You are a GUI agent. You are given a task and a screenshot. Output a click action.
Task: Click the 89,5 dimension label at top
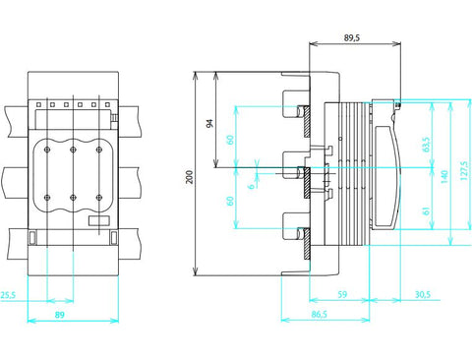(x=352, y=37)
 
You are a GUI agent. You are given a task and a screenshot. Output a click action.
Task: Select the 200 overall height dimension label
(x=190, y=177)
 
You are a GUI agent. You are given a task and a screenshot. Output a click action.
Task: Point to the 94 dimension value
(x=209, y=124)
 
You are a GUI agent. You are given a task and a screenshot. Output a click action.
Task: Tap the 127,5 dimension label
(x=464, y=170)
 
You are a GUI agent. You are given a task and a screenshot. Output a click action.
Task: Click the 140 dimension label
(x=444, y=177)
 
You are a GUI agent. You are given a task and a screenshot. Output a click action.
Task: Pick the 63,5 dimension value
(x=426, y=145)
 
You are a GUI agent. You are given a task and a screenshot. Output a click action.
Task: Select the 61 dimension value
(x=426, y=210)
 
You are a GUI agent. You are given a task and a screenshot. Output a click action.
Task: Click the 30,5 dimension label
(x=423, y=294)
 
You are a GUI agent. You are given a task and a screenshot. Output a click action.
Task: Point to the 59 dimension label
(x=342, y=294)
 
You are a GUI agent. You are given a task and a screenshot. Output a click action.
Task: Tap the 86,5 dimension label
(x=320, y=314)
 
